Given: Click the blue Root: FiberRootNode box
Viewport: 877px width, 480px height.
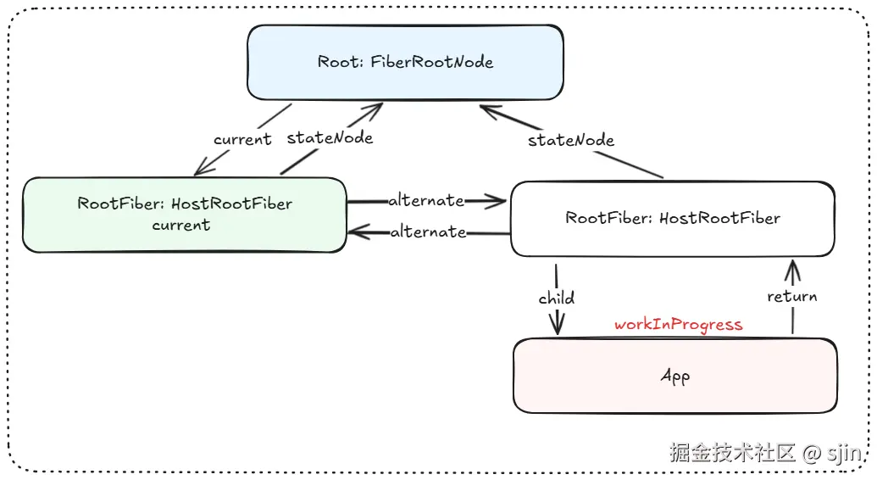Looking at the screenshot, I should coord(405,62).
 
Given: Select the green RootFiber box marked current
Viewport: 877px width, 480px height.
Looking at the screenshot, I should coord(184,214).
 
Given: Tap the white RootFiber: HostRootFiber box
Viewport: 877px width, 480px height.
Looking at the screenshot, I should coord(672,218).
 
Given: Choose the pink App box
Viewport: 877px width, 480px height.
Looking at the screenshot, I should coord(674,375).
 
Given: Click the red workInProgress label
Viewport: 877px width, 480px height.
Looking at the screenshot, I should coord(678,325).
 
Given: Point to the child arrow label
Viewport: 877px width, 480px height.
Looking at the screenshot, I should coord(556,298).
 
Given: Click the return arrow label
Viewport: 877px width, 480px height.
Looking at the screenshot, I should coord(791,296).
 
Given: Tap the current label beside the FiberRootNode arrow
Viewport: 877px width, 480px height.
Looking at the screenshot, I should coord(242,139).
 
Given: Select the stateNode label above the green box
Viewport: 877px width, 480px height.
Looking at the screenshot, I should coord(330,137).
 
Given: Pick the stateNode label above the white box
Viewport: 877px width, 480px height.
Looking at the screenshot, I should coord(571,140).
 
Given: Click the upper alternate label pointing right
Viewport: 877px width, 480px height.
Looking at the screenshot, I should coord(426,201).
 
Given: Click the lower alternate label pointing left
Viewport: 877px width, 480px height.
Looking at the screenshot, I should coord(428,232).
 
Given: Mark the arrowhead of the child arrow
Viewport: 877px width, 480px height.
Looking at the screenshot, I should coord(557,327).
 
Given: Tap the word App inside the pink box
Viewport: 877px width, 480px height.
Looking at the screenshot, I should coord(674,376).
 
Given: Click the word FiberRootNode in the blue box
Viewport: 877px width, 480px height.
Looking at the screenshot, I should coord(431,62).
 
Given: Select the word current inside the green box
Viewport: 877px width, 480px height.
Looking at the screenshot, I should coord(181,226).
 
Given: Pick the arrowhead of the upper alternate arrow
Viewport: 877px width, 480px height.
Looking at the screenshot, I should coord(499,201).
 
